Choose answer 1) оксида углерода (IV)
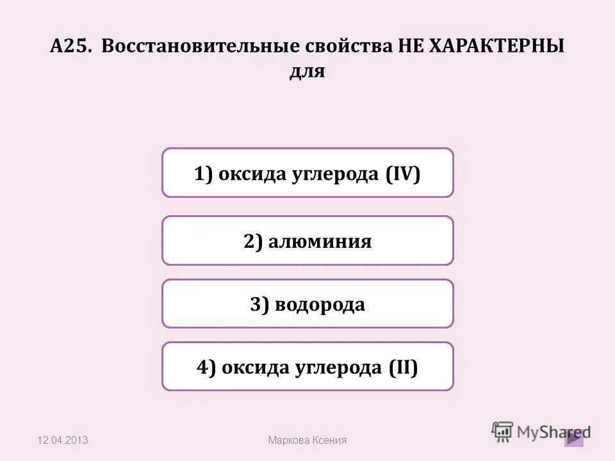(x=307, y=173)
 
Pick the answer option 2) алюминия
(x=307, y=241)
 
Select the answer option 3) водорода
(x=307, y=303)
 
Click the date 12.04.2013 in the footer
(x=63, y=440)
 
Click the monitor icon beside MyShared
(x=503, y=430)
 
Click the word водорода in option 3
(x=320, y=303)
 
